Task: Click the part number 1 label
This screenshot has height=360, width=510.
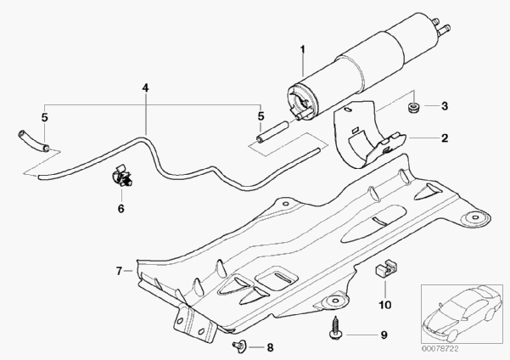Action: (301, 50)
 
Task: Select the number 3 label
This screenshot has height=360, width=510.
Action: (443, 107)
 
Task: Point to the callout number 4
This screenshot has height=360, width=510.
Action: (145, 87)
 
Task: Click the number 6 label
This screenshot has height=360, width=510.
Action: (120, 207)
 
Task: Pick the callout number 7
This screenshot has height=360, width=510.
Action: (120, 271)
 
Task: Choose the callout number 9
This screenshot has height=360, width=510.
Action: (383, 335)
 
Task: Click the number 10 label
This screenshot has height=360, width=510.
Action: (383, 303)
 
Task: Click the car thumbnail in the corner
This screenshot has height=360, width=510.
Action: (464, 312)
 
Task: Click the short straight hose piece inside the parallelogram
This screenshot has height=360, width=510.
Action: (269, 132)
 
